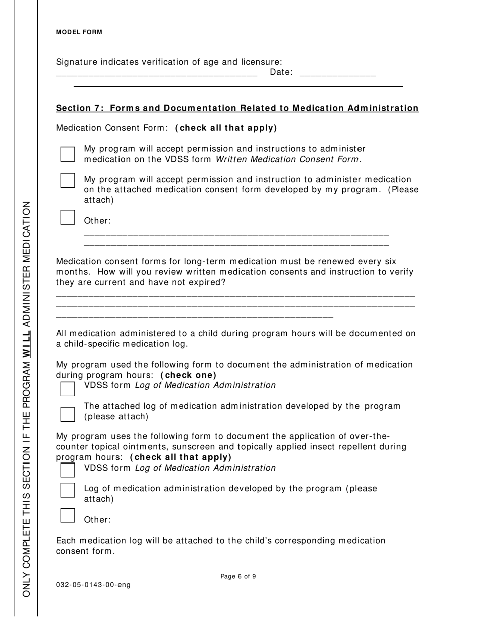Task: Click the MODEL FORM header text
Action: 79,32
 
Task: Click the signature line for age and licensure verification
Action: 156,74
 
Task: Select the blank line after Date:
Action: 337,74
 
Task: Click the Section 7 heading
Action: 237,108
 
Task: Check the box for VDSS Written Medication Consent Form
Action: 68,154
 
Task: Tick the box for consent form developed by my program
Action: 68,180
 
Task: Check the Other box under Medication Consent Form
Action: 68,217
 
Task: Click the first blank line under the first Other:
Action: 236,234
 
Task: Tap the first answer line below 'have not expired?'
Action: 235,296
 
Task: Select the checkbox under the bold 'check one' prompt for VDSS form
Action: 68,388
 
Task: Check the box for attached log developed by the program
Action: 68,414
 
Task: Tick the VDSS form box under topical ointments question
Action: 68,470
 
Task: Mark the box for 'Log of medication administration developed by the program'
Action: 68,490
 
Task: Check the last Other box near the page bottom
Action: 68,515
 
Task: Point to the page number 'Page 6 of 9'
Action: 238,577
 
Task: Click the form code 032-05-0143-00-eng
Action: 93,585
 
